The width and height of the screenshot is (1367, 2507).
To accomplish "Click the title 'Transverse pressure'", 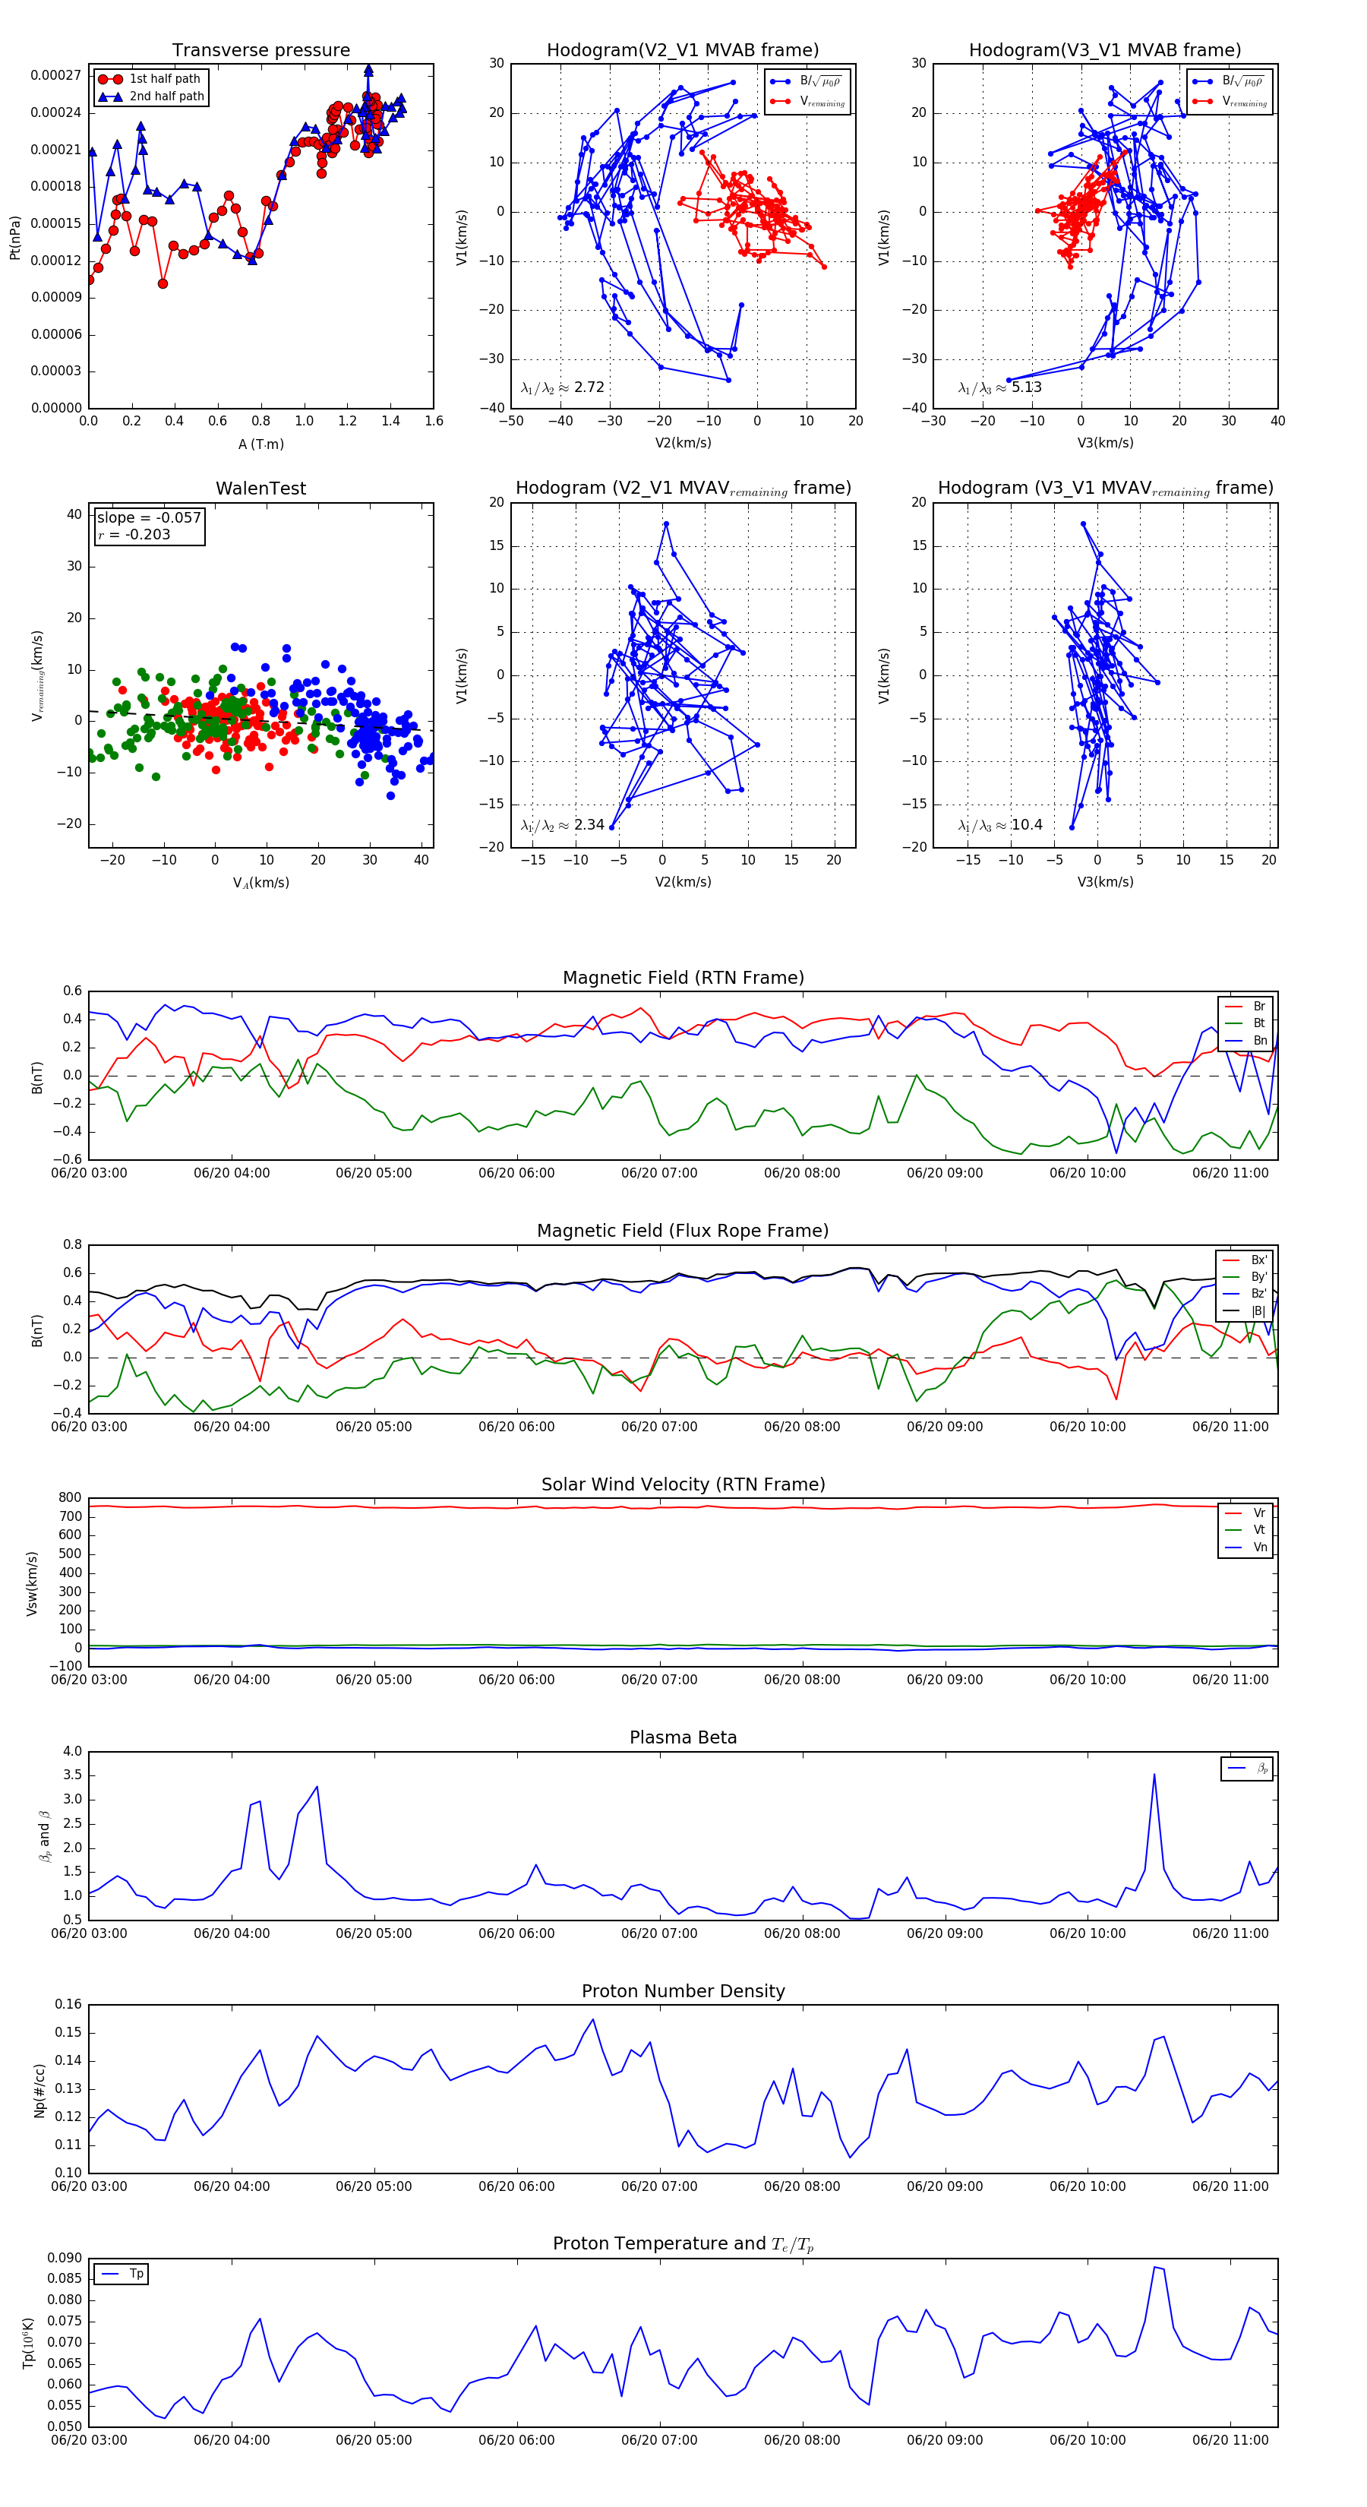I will pos(260,51).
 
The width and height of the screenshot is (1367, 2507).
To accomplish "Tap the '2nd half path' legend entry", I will pos(166,96).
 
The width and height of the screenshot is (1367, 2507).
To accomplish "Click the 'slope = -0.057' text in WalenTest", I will pos(149,518).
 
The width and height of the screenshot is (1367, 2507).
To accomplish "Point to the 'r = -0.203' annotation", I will pos(134,534).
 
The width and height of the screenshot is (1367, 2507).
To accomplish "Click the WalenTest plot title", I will pos(260,488).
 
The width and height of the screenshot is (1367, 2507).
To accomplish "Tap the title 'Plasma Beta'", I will pos(683,1737).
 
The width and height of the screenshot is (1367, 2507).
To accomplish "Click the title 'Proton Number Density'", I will pos(683,1991).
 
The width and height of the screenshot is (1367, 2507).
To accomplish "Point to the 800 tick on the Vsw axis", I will pos(70,1498).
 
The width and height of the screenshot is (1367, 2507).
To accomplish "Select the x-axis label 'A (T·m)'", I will pos(260,444).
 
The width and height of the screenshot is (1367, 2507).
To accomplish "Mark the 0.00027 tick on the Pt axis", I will pos(55,76).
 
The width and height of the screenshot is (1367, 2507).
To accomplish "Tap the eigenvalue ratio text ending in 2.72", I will pos(562,387).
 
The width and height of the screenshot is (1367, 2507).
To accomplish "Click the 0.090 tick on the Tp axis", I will pos(65,2258).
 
